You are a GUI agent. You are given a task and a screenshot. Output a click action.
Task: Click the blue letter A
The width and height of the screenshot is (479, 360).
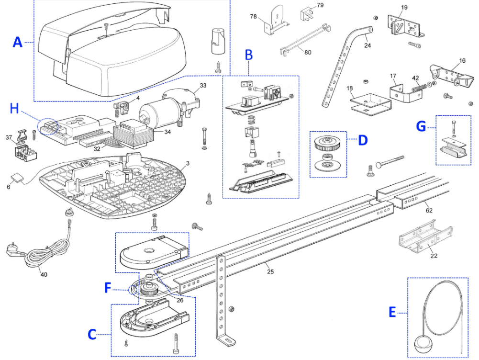[18, 42]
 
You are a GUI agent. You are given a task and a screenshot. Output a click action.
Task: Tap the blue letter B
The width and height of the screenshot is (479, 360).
[249, 55]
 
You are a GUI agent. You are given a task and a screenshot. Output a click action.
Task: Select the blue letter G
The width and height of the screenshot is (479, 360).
[421, 126]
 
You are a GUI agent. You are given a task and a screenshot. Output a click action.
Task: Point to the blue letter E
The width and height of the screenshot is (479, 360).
[392, 313]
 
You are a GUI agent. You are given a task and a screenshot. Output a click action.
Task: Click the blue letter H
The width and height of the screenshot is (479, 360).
[14, 109]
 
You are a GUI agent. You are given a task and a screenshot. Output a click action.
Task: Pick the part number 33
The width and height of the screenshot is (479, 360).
[203, 86]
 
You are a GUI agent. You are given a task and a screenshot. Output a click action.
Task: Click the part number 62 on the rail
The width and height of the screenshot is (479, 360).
[429, 210]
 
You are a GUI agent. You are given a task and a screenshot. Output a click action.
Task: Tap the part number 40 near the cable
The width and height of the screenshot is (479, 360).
[44, 274]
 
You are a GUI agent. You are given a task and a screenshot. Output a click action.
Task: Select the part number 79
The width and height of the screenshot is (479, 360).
[320, 5]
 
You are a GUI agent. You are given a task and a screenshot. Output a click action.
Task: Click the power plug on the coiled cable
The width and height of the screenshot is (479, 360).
[13, 251]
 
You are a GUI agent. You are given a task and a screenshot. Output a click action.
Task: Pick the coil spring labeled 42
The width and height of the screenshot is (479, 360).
[419, 87]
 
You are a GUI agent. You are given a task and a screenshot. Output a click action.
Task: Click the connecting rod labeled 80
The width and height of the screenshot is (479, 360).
[305, 39]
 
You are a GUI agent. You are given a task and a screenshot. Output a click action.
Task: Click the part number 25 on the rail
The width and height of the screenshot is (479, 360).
[270, 271]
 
